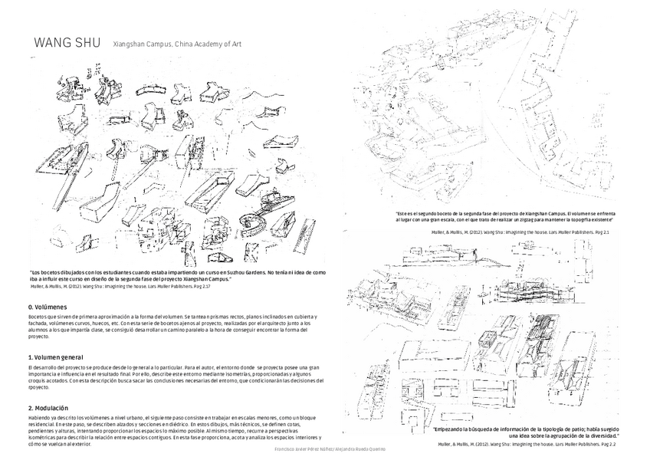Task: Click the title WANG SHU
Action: click(x=67, y=43)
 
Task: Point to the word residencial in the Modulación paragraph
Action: click(x=44, y=423)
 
